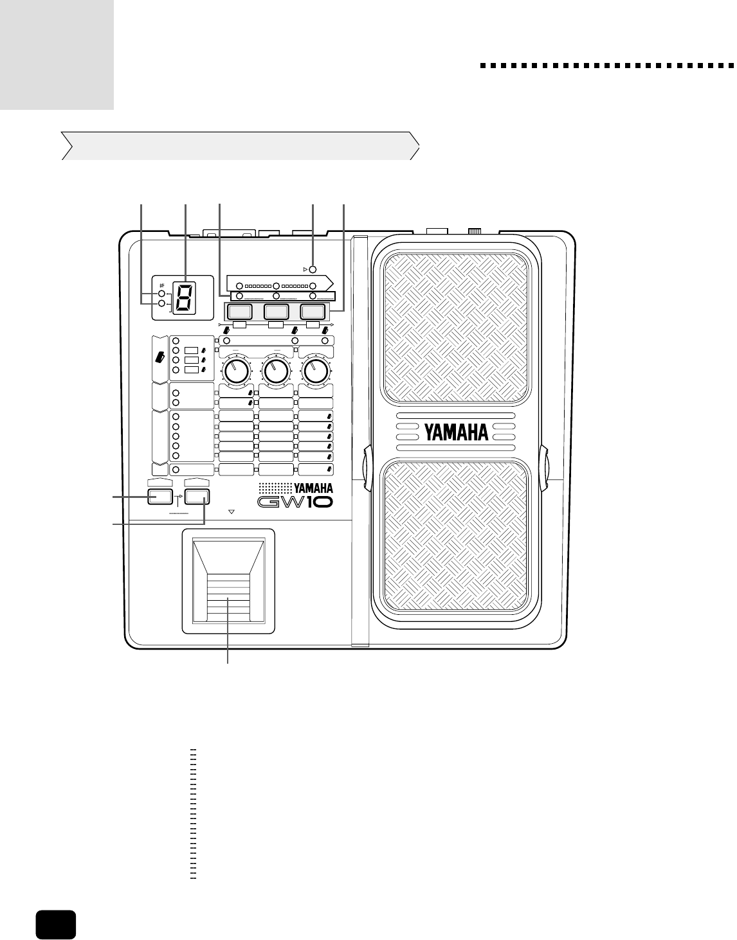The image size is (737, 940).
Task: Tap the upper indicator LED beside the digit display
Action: [163, 294]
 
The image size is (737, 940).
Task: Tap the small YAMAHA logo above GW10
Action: [313, 487]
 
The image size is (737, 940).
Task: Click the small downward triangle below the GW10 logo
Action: [232, 513]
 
